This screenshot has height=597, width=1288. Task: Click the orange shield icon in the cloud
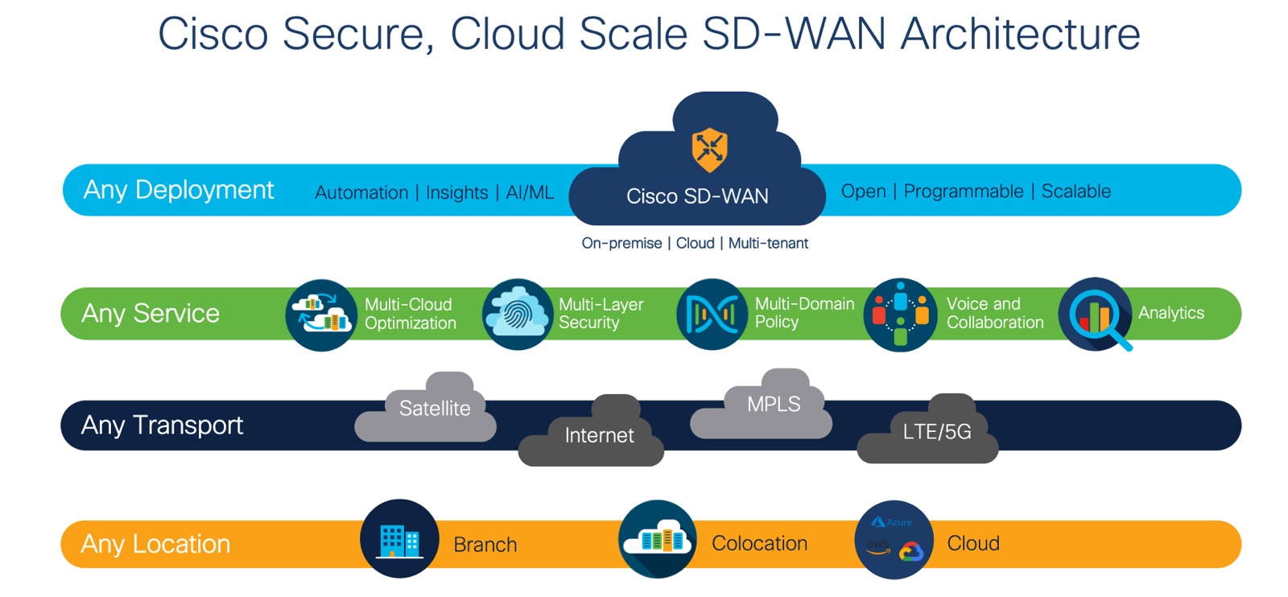(709, 149)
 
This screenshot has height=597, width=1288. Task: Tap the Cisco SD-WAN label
(697, 196)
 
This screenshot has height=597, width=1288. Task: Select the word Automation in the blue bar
(361, 193)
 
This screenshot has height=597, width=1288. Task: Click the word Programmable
(963, 191)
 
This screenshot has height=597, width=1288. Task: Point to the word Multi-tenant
(768, 243)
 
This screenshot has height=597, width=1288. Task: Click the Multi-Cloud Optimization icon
(321, 315)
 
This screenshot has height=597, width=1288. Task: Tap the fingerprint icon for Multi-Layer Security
(517, 315)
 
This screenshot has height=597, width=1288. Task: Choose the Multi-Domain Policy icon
(712, 315)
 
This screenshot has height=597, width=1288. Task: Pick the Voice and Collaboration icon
(900, 315)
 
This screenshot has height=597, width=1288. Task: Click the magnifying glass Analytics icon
(1096, 315)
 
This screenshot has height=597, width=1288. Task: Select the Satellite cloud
(434, 409)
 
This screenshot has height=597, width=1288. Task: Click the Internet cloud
(599, 435)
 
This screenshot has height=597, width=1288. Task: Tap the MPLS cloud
(773, 405)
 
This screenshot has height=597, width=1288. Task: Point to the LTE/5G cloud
(936, 432)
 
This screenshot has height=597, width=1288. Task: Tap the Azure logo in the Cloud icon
(891, 522)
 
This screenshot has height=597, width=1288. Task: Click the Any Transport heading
(162, 425)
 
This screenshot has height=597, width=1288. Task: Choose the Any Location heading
(155, 544)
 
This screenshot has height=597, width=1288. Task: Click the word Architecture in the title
(1020, 34)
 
